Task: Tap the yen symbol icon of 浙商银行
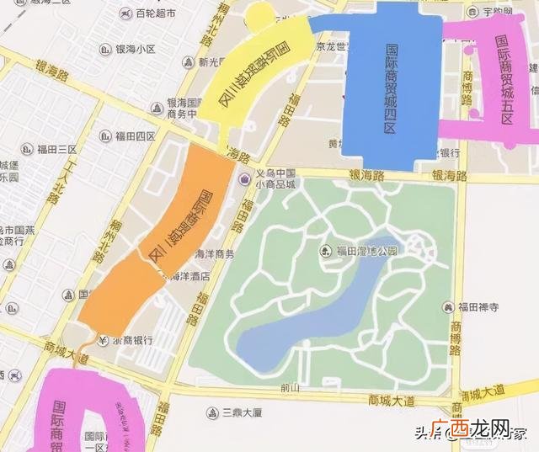[99, 341]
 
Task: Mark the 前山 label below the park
[291, 388]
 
